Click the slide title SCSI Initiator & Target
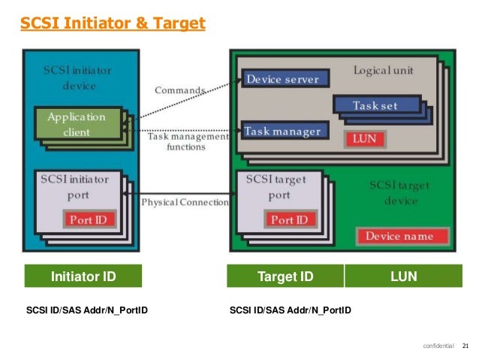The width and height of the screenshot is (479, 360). (113, 24)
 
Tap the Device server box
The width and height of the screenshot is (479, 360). (282, 79)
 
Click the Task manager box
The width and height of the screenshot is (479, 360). (282, 132)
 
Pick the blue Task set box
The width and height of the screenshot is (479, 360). (375, 106)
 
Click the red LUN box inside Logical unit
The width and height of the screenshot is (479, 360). (364, 139)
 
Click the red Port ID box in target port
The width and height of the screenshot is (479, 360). (289, 220)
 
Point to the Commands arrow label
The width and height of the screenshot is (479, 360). (179, 90)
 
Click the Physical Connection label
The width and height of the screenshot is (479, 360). (185, 202)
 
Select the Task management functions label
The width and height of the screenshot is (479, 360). (185, 142)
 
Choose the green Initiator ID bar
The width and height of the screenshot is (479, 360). (83, 277)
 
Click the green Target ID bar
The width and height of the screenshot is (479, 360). (285, 277)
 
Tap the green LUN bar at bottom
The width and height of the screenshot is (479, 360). (403, 277)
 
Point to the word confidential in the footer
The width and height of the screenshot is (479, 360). (438, 346)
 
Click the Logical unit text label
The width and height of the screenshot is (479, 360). (383, 70)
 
